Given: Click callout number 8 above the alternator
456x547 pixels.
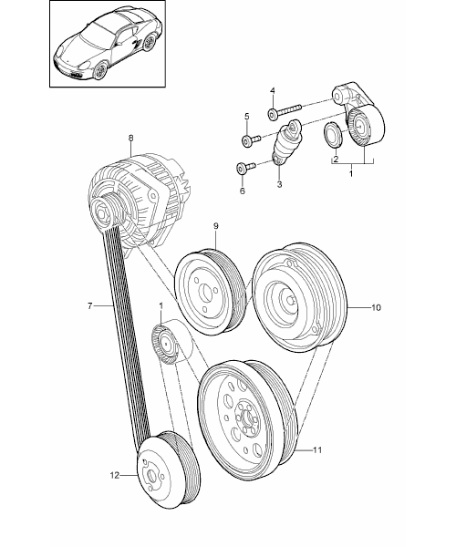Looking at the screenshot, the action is tap(130, 138).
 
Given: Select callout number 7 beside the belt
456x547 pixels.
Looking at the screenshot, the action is tap(90, 306).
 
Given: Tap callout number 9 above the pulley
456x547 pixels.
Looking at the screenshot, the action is tap(215, 226).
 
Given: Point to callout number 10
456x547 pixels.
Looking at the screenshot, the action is tap(376, 307).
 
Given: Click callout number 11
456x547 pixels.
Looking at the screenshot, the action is tap(316, 450).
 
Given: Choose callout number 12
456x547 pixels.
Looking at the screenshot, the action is tap(115, 475).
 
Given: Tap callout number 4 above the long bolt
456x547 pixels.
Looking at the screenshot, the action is tap(273, 91).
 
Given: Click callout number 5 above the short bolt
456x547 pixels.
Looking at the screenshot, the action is tap(247, 117).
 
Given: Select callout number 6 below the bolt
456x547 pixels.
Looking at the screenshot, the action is tap(242, 191).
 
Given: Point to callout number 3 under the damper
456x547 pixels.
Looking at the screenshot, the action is tap(279, 184).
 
